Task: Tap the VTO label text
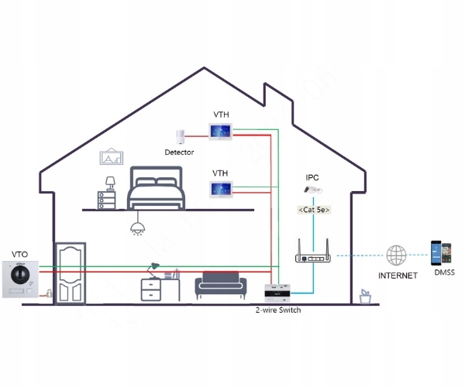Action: coord(20,254)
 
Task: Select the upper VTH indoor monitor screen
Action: coord(221,131)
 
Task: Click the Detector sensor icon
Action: coord(181,136)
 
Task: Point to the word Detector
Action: coord(179,152)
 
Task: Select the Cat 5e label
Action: coord(313,210)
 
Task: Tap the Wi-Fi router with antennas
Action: coord(314,259)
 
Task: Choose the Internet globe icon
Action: coord(398,255)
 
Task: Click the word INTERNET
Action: coord(398,275)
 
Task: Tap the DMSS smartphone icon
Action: coord(441,253)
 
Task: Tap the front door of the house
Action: coord(70,274)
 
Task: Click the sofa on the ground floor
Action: coord(221,286)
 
